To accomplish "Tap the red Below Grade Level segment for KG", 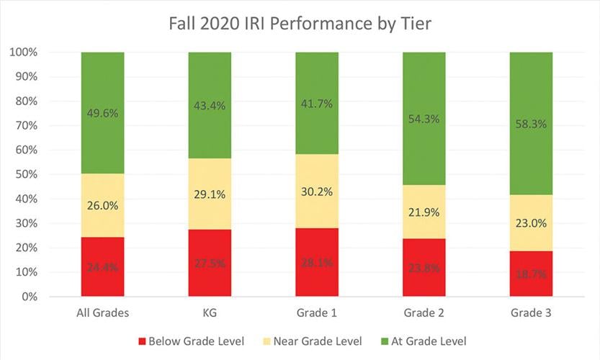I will pyautogui.click(x=210, y=263).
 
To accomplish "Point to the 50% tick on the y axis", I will pyautogui.click(x=25, y=175).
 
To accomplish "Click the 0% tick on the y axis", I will pyautogui.click(x=28, y=297).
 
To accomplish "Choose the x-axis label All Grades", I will pyautogui.click(x=102, y=314).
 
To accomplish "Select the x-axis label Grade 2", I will pyautogui.click(x=424, y=314).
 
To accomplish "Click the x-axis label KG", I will pyautogui.click(x=210, y=314).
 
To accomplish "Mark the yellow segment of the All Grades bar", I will pyautogui.click(x=102, y=205).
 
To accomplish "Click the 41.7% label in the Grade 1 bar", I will pyautogui.click(x=317, y=104).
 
